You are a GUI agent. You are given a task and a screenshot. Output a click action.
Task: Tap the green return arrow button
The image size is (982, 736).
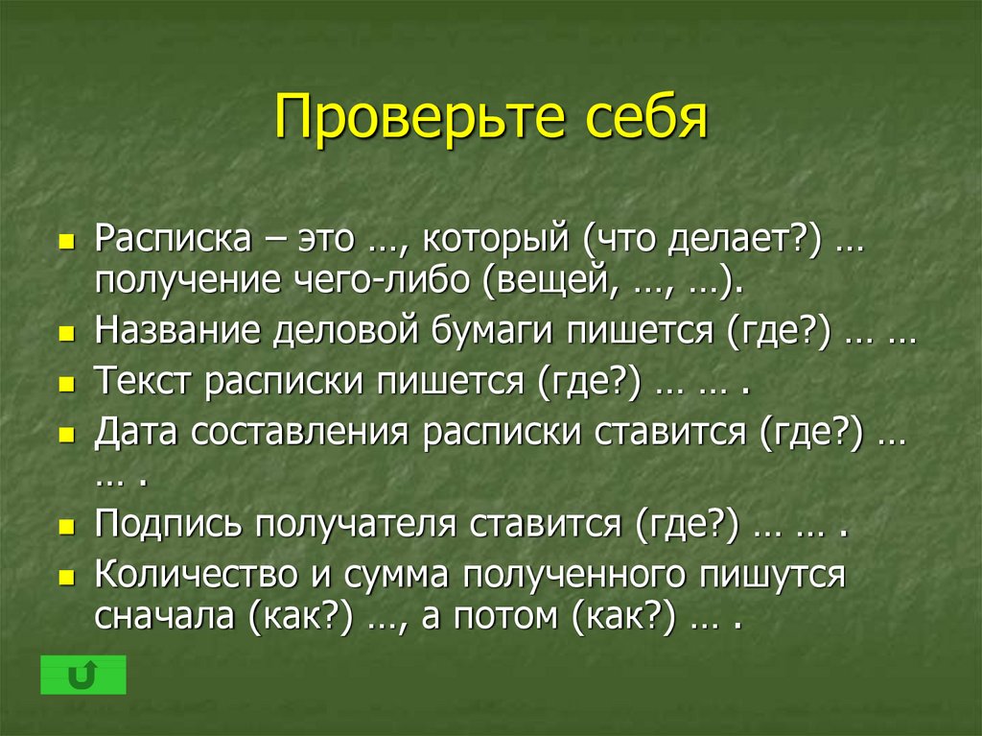click(x=83, y=676)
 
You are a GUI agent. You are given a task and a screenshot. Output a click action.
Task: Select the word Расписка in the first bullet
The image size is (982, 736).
click(x=173, y=239)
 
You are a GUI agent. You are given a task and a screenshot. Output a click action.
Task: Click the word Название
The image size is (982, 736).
click(x=177, y=329)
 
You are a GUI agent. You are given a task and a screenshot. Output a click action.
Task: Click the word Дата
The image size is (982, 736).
click(x=136, y=432)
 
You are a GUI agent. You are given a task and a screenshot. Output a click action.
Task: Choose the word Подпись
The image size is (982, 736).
click(x=167, y=524)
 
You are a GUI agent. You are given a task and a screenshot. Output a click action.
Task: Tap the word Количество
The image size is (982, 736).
click(x=196, y=574)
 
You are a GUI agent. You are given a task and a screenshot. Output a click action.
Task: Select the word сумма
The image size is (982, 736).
click(x=396, y=574)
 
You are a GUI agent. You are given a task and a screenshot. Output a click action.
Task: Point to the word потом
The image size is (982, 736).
click(x=505, y=616)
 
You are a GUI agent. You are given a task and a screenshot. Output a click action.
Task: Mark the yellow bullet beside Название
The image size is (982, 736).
click(x=66, y=333)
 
